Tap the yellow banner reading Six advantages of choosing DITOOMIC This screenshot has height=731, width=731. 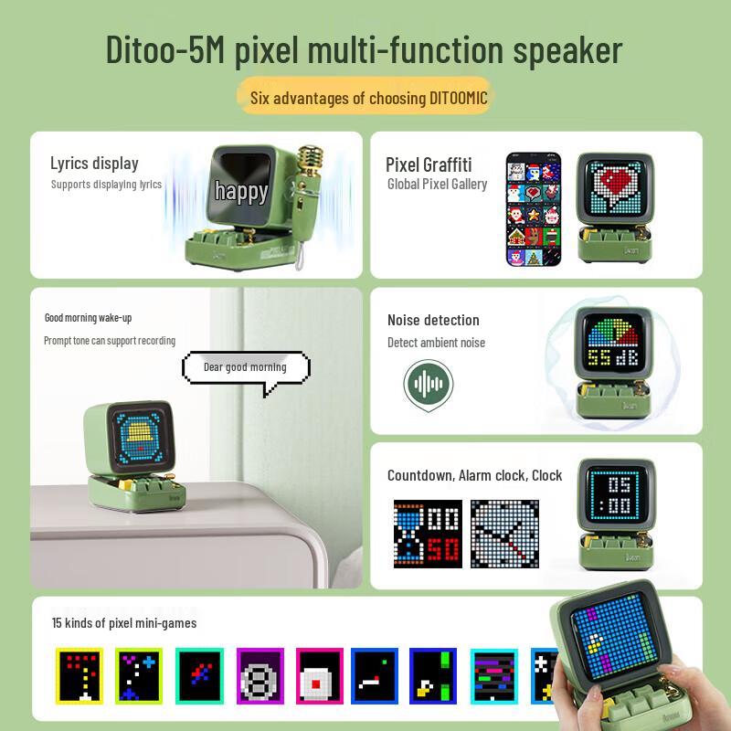(364, 98)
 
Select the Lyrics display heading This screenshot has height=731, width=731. (94, 164)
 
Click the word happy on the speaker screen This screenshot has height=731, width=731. (241, 191)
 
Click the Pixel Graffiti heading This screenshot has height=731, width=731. (429, 164)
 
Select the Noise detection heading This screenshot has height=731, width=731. (433, 320)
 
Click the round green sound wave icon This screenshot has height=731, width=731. (429, 383)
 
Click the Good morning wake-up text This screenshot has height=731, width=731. (89, 317)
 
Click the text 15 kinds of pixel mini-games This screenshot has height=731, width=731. (124, 623)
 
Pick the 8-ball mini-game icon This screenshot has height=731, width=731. (260, 677)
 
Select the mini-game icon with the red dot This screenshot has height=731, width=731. (320, 677)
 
